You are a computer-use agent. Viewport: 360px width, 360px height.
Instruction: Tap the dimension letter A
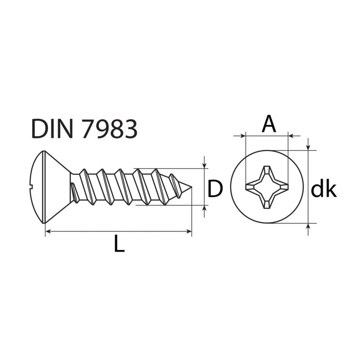pos(269,124)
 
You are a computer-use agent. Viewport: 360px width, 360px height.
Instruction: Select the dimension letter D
pos(215,188)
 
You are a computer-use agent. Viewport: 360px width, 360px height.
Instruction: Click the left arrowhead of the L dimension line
pos(48,232)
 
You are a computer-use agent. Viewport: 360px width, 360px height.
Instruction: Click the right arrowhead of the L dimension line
pos(189,232)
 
